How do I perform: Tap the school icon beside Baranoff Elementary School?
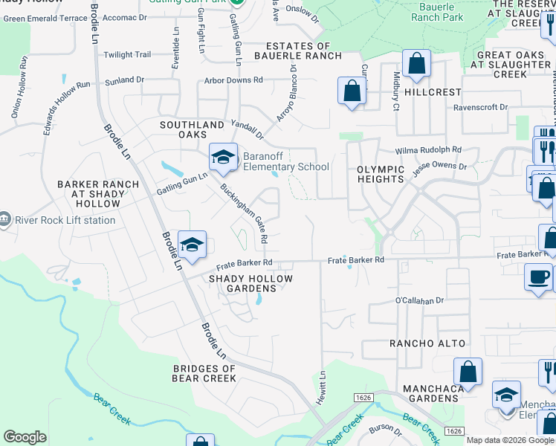tap(222, 157)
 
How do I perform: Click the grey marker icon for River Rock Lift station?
tap(6, 219)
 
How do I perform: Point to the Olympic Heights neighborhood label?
tap(381, 175)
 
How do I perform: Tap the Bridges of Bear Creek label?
tap(204, 373)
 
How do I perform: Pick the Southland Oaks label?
tap(192, 129)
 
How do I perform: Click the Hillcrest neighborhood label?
tap(434, 91)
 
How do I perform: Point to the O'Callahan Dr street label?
tap(419, 300)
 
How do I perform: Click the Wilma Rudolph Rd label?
tap(429, 149)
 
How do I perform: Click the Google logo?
tap(25, 437)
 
